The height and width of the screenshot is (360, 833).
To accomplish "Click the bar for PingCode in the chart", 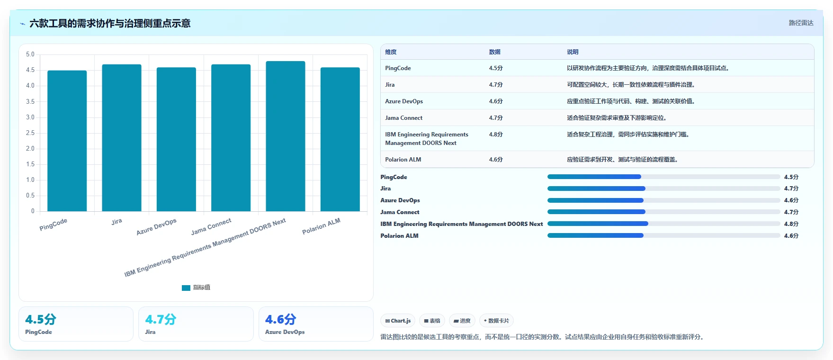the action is point(67,141).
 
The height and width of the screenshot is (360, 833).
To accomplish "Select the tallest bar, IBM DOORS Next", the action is point(286,136).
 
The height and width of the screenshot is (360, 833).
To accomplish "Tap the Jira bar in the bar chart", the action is point(122,138).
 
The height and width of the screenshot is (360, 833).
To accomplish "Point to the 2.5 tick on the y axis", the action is point(30,133).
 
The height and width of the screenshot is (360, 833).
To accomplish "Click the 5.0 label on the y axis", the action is point(30,54).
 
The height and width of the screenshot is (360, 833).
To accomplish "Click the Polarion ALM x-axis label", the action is point(321,226).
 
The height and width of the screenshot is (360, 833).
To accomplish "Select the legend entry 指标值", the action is point(196,288).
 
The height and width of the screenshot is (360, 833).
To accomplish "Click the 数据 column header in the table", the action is point(495,52).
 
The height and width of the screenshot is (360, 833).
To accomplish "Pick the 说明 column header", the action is point(573,52).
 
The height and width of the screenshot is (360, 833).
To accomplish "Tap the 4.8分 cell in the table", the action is point(496,135).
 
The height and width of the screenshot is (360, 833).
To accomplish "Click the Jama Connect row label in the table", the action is point(403,118).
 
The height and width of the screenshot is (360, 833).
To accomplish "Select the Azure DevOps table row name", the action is point(404,101).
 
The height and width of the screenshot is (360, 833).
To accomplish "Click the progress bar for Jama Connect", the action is point(663,212).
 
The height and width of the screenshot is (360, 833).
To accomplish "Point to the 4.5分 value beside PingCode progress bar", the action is point(791,177).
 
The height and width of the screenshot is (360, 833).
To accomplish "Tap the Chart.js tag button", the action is point(398,321).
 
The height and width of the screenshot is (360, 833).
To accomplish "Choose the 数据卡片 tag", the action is point(496,321).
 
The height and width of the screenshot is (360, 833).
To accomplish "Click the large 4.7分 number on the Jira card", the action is point(161,319).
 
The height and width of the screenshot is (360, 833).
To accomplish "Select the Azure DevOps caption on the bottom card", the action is point(285,332).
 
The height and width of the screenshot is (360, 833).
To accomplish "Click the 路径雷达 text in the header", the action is point(801,23).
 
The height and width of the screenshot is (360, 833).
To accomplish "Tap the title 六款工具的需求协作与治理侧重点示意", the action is point(110,23).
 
